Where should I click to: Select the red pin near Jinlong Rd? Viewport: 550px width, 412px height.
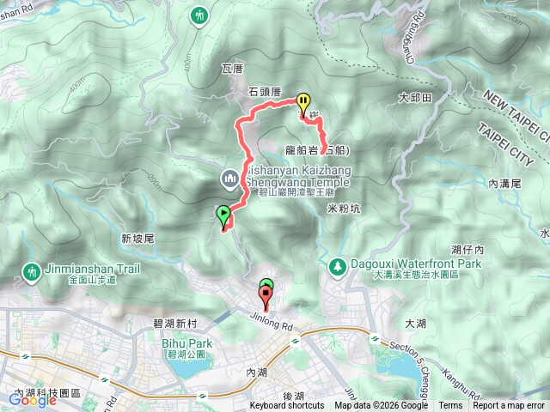266,298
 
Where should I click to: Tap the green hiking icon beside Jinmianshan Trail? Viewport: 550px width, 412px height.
31,271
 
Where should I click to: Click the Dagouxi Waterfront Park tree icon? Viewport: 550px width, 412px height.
338,267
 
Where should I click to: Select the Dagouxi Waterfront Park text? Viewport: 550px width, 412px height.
404,265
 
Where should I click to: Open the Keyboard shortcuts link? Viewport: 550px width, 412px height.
287,406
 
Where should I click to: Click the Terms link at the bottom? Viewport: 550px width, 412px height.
450,406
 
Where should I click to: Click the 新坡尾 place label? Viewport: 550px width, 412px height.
137,238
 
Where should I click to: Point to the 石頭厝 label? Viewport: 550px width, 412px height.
265,90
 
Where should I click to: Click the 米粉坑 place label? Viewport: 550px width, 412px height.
344,207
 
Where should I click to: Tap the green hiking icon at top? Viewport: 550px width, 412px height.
200,15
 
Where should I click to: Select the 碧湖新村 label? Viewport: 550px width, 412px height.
175,324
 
